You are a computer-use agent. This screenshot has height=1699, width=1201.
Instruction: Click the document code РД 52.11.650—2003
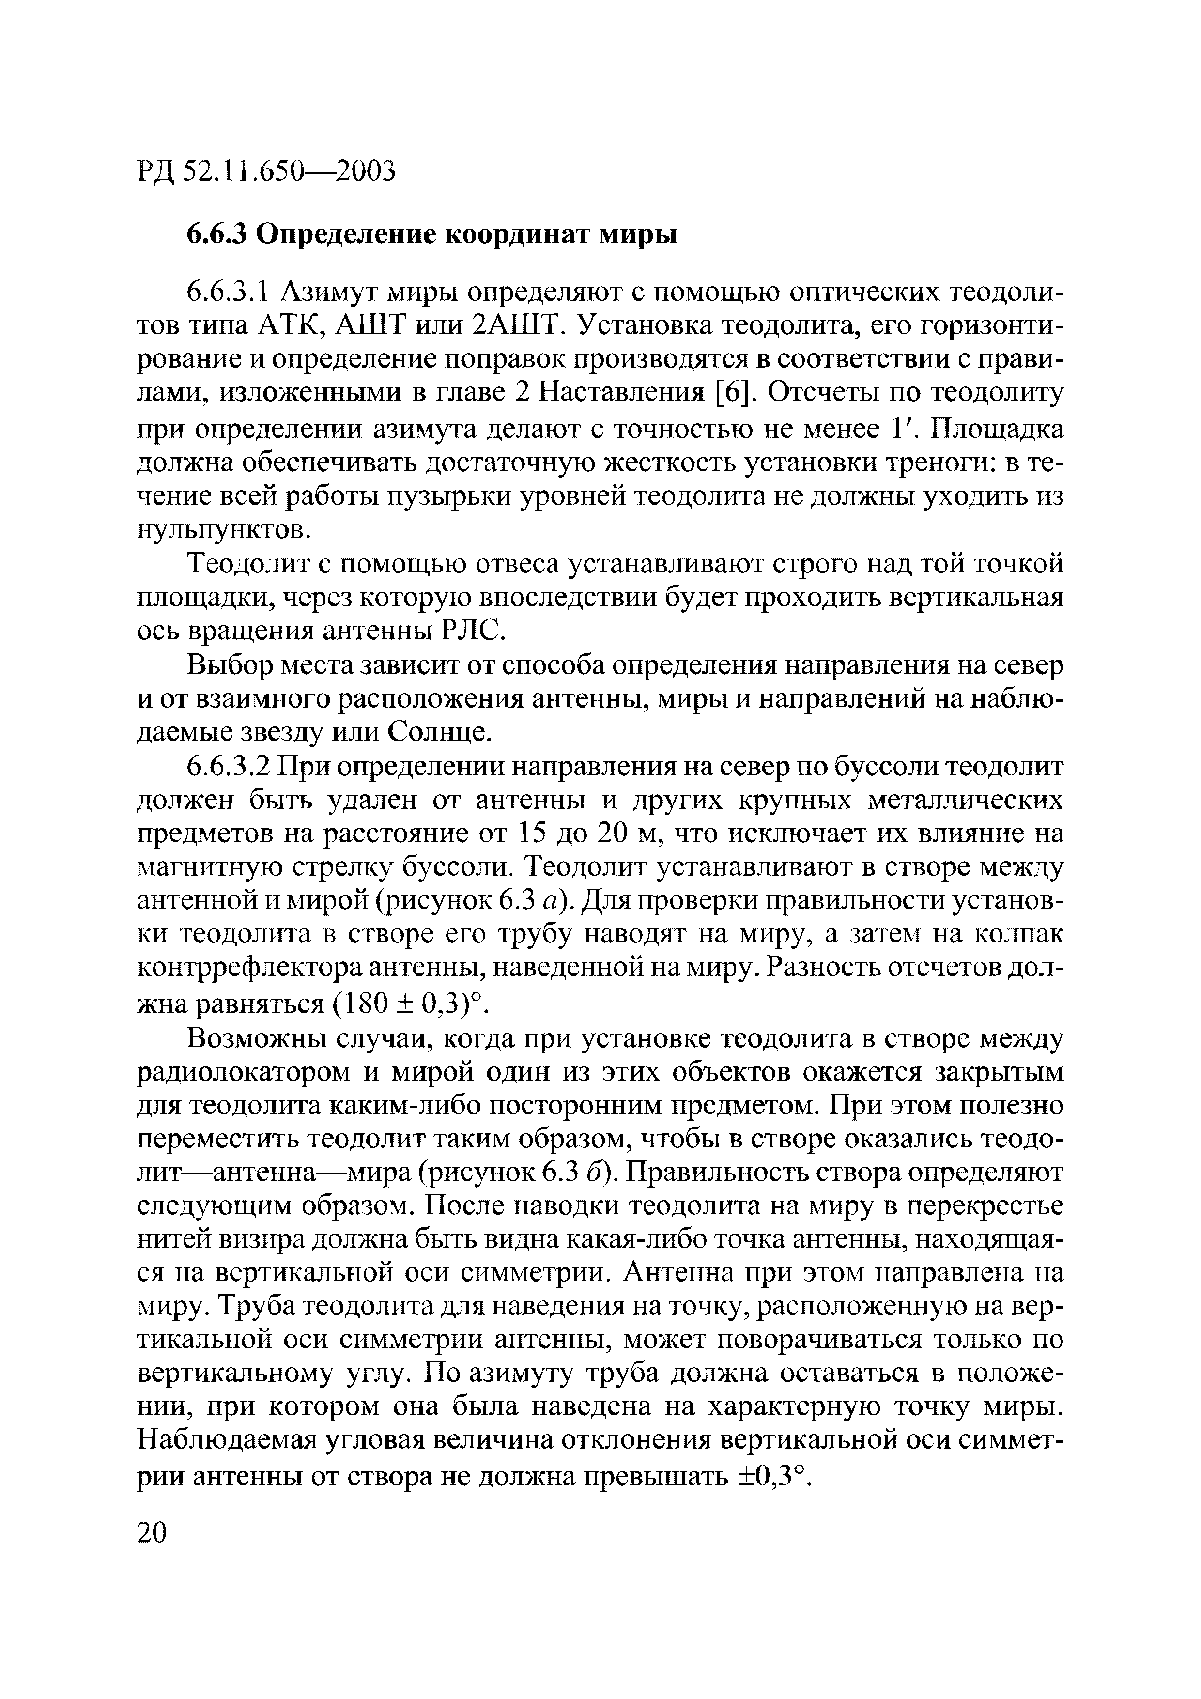[266, 171]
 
